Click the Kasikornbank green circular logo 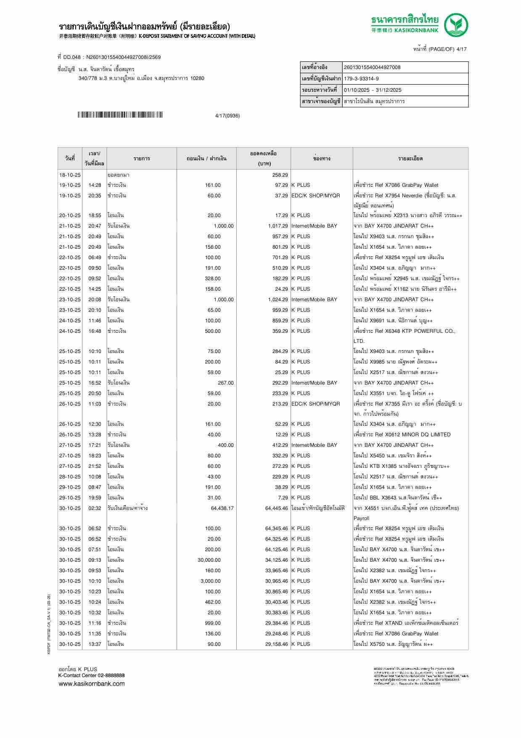click(457, 25)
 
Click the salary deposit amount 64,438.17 click(222, 508)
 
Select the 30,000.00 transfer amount click(209, 560)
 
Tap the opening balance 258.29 click(280, 175)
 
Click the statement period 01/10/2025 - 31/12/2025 click(372, 90)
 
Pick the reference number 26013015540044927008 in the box click(372, 67)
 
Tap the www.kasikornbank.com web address click(91, 684)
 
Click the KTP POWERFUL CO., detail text click(404, 331)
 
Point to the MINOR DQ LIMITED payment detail click(402, 435)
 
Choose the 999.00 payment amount click(212, 623)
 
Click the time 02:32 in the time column click(95, 508)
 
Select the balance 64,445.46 click(276, 508)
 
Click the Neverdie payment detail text click(405, 196)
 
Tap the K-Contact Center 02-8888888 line click(91, 675)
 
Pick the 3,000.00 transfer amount click(211, 581)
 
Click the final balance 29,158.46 click(276, 644)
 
